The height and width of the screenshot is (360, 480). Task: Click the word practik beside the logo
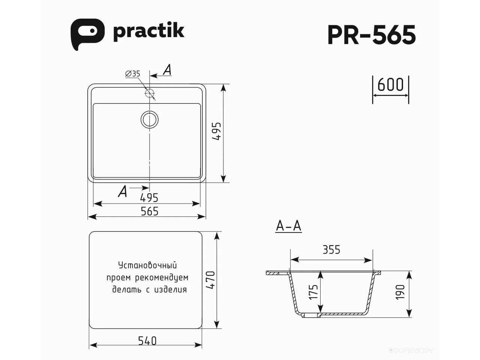[x=149, y=32]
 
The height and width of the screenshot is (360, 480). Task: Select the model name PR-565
[x=372, y=35]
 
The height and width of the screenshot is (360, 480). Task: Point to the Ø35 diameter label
[x=133, y=73]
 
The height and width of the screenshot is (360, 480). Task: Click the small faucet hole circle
[x=150, y=93]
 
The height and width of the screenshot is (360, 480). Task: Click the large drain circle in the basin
[x=150, y=119]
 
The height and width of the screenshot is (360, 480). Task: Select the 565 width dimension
[x=150, y=211]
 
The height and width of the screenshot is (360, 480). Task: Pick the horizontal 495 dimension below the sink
[x=149, y=198]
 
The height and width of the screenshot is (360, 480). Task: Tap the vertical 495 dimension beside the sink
[x=217, y=131]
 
